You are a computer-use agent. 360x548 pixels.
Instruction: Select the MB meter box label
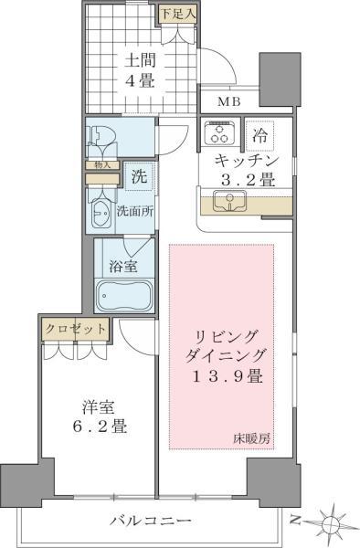(x=228, y=101)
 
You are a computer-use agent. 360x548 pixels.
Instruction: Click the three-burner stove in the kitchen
(x=219, y=135)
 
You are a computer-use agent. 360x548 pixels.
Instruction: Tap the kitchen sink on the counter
(x=225, y=201)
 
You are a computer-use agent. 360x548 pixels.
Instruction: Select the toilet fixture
(x=102, y=140)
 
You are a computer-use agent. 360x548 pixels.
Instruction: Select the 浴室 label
(x=124, y=267)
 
